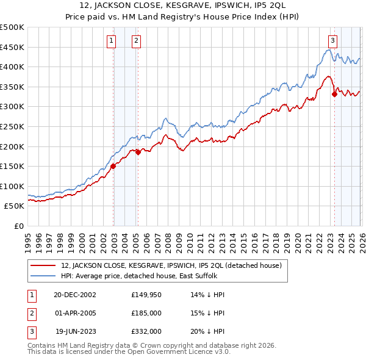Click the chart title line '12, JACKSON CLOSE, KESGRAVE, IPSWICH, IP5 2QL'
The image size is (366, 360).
183,5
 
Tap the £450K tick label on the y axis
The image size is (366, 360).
12,47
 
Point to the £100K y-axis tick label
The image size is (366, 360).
12,186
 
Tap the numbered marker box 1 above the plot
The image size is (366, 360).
112,41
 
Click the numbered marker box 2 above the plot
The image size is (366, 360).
135,41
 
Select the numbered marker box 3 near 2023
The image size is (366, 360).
332,41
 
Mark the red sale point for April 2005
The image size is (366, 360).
138,153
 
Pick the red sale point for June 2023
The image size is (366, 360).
334,94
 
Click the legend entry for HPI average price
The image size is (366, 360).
140,276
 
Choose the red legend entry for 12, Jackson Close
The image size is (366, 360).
171,265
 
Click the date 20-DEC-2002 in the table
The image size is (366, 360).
74,295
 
